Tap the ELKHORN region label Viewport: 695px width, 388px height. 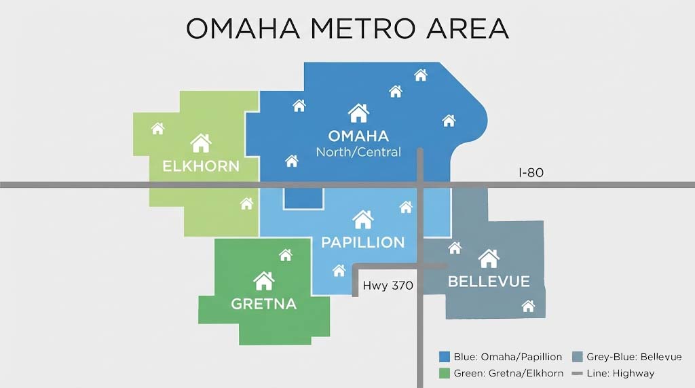pyautogui.click(x=200, y=166)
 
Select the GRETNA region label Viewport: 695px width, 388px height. pyautogui.click(x=263, y=303)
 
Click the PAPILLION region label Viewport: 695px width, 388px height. pyautogui.click(x=362, y=242)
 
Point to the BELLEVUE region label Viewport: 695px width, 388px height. pyautogui.click(x=488, y=281)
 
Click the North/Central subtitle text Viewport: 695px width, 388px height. pyautogui.click(x=358, y=152)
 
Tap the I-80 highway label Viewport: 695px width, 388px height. pyautogui.click(x=531, y=173)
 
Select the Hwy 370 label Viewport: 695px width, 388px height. pyautogui.click(x=388, y=286)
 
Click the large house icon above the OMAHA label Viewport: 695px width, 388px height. pyautogui.click(x=358, y=113)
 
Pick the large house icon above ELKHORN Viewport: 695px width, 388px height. pyautogui.click(x=201, y=143)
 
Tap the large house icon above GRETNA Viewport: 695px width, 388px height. pyautogui.click(x=263, y=280)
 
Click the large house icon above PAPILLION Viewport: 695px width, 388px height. pyautogui.click(x=363, y=219)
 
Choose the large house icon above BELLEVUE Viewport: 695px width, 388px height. pyautogui.click(x=489, y=258)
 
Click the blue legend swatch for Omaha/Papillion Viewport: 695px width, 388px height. pyautogui.click(x=445, y=357)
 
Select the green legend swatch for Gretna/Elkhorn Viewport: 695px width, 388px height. pyautogui.click(x=445, y=372)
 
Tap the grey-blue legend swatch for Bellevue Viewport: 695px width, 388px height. pyautogui.click(x=578, y=357)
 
